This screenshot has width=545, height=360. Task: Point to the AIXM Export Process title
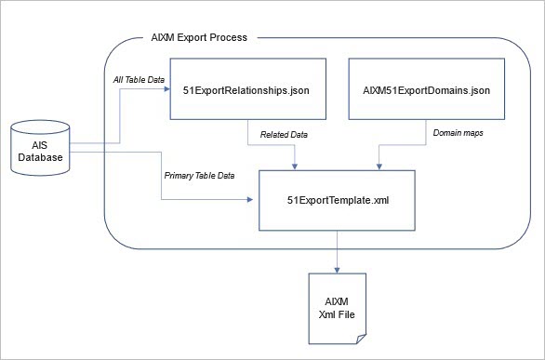(199, 38)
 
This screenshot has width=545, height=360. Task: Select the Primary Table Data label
(198, 175)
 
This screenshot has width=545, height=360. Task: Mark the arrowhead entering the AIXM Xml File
(338, 270)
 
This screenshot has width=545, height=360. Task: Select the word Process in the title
(229, 38)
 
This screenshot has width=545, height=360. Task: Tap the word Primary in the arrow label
(179, 175)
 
